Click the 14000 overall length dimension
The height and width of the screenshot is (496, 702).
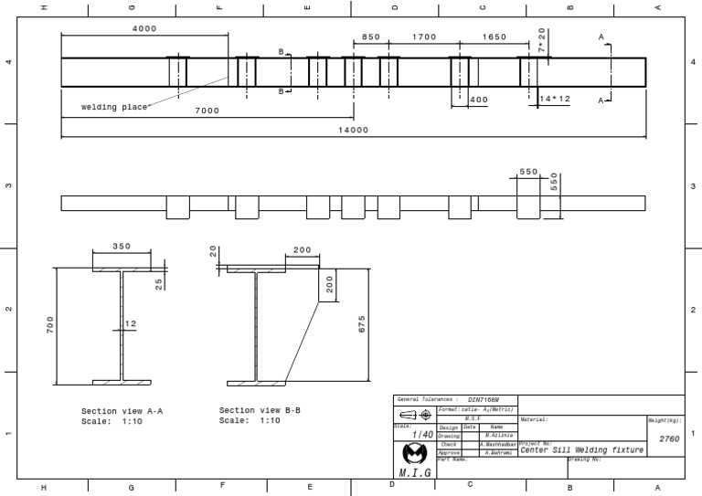pyautogui.click(x=353, y=131)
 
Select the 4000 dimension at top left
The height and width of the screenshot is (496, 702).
pyautogui.click(x=144, y=28)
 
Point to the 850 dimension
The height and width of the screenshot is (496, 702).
pyautogui.click(x=370, y=37)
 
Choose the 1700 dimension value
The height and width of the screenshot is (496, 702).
pyautogui.click(x=424, y=37)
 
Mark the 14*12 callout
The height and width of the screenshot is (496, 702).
pyautogui.click(x=555, y=99)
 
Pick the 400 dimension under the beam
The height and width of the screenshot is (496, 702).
pyautogui.click(x=478, y=99)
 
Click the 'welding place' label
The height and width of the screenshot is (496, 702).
pyautogui.click(x=114, y=107)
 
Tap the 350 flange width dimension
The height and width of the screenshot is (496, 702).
pyautogui.click(x=122, y=247)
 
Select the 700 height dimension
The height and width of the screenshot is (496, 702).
pyautogui.click(x=51, y=324)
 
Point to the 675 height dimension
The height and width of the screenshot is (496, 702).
pyautogui.click(x=362, y=324)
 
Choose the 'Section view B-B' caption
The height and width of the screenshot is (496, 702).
pyautogui.click(x=261, y=411)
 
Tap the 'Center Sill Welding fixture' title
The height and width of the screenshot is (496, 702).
pyautogui.click(x=582, y=449)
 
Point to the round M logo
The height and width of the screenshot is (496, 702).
pyautogui.click(x=415, y=454)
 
